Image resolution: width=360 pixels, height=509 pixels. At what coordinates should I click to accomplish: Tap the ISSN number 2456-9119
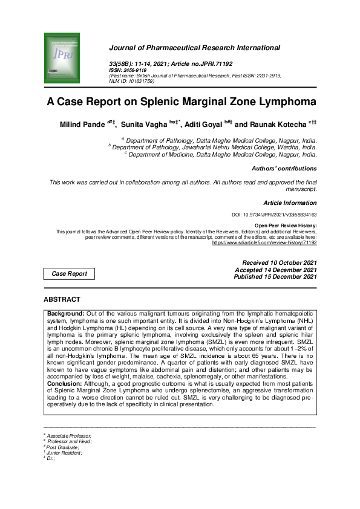coord(133,69)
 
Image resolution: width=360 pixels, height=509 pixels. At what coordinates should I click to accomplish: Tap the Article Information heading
coord(290,203)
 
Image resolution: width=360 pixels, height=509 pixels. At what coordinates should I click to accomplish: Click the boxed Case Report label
coord(69,274)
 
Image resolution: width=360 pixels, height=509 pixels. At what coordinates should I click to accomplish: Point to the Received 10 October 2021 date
coord(279,262)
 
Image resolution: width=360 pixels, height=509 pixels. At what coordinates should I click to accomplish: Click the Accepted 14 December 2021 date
coord(277,270)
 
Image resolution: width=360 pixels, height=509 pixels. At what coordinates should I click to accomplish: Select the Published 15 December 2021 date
coord(275,277)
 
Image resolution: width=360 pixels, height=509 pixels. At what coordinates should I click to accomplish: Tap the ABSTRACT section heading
coord(62,299)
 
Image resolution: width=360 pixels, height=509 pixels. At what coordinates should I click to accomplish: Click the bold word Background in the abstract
coord(65,314)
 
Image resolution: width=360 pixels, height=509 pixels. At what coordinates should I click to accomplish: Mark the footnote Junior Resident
coord(64,452)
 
